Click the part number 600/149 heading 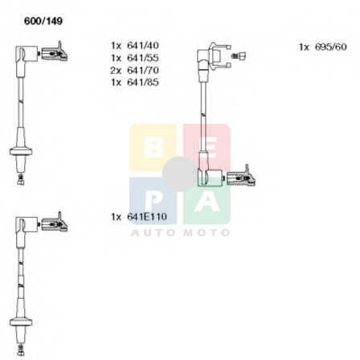(43, 21)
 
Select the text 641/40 (143, 45)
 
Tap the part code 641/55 (143, 58)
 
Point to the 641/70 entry (143, 70)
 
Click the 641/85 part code (143, 82)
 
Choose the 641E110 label (147, 216)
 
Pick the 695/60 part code (331, 47)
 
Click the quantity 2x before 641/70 (116, 70)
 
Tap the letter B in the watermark (153, 147)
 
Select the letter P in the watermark (153, 202)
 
